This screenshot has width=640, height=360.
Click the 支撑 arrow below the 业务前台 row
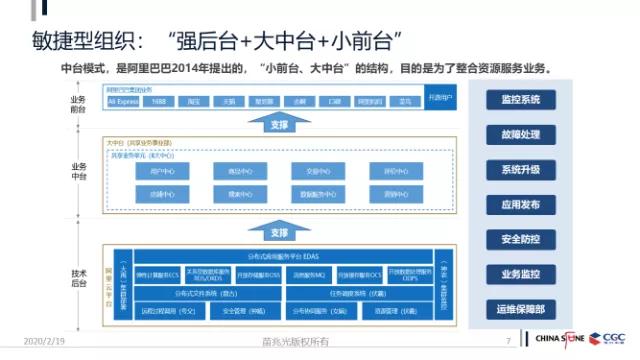[x=279, y=123]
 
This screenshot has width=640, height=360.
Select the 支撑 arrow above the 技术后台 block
[x=279, y=230]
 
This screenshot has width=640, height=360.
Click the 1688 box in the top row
[x=157, y=102]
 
